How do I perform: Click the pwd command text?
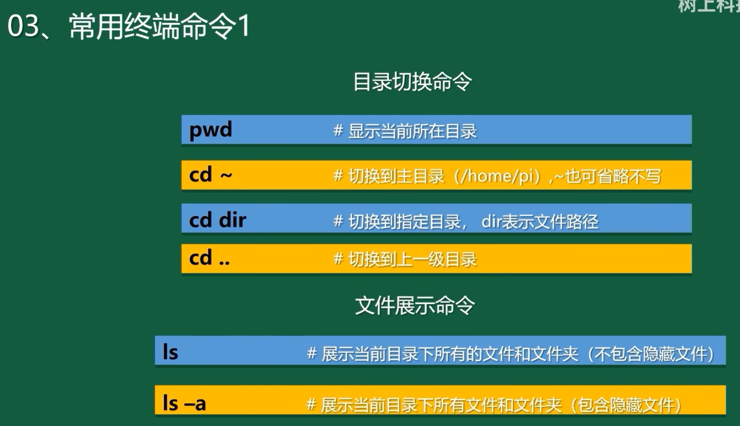click(211, 130)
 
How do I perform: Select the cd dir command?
click(217, 220)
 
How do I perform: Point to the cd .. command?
click(209, 258)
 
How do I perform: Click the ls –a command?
click(184, 403)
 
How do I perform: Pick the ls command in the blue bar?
click(170, 352)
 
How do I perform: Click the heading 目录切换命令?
click(412, 81)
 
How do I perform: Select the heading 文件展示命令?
click(415, 306)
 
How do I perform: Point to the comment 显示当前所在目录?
click(412, 131)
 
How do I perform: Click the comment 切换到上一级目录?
click(412, 259)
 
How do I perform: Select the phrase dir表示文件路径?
click(540, 221)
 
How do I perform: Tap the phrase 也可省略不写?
click(613, 176)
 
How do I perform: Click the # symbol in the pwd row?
click(338, 131)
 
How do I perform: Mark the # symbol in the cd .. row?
click(338, 259)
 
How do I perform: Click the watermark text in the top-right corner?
click(709, 6)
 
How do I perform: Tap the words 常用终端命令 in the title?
click(152, 26)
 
